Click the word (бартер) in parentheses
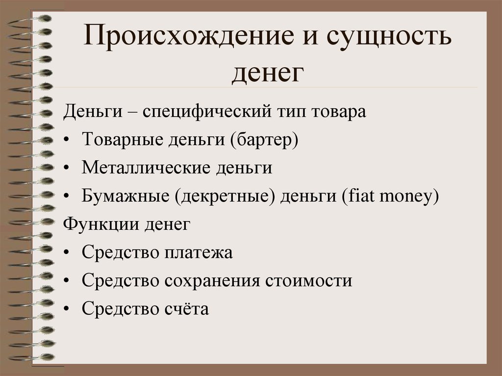pos(264,140)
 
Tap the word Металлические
pos(146,168)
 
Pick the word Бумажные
pos(125,196)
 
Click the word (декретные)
pos(225,196)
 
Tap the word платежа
pos(199,252)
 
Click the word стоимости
pos(309,281)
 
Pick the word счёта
pos(187,308)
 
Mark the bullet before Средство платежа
pos(66,253)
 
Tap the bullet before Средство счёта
pos(66,309)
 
